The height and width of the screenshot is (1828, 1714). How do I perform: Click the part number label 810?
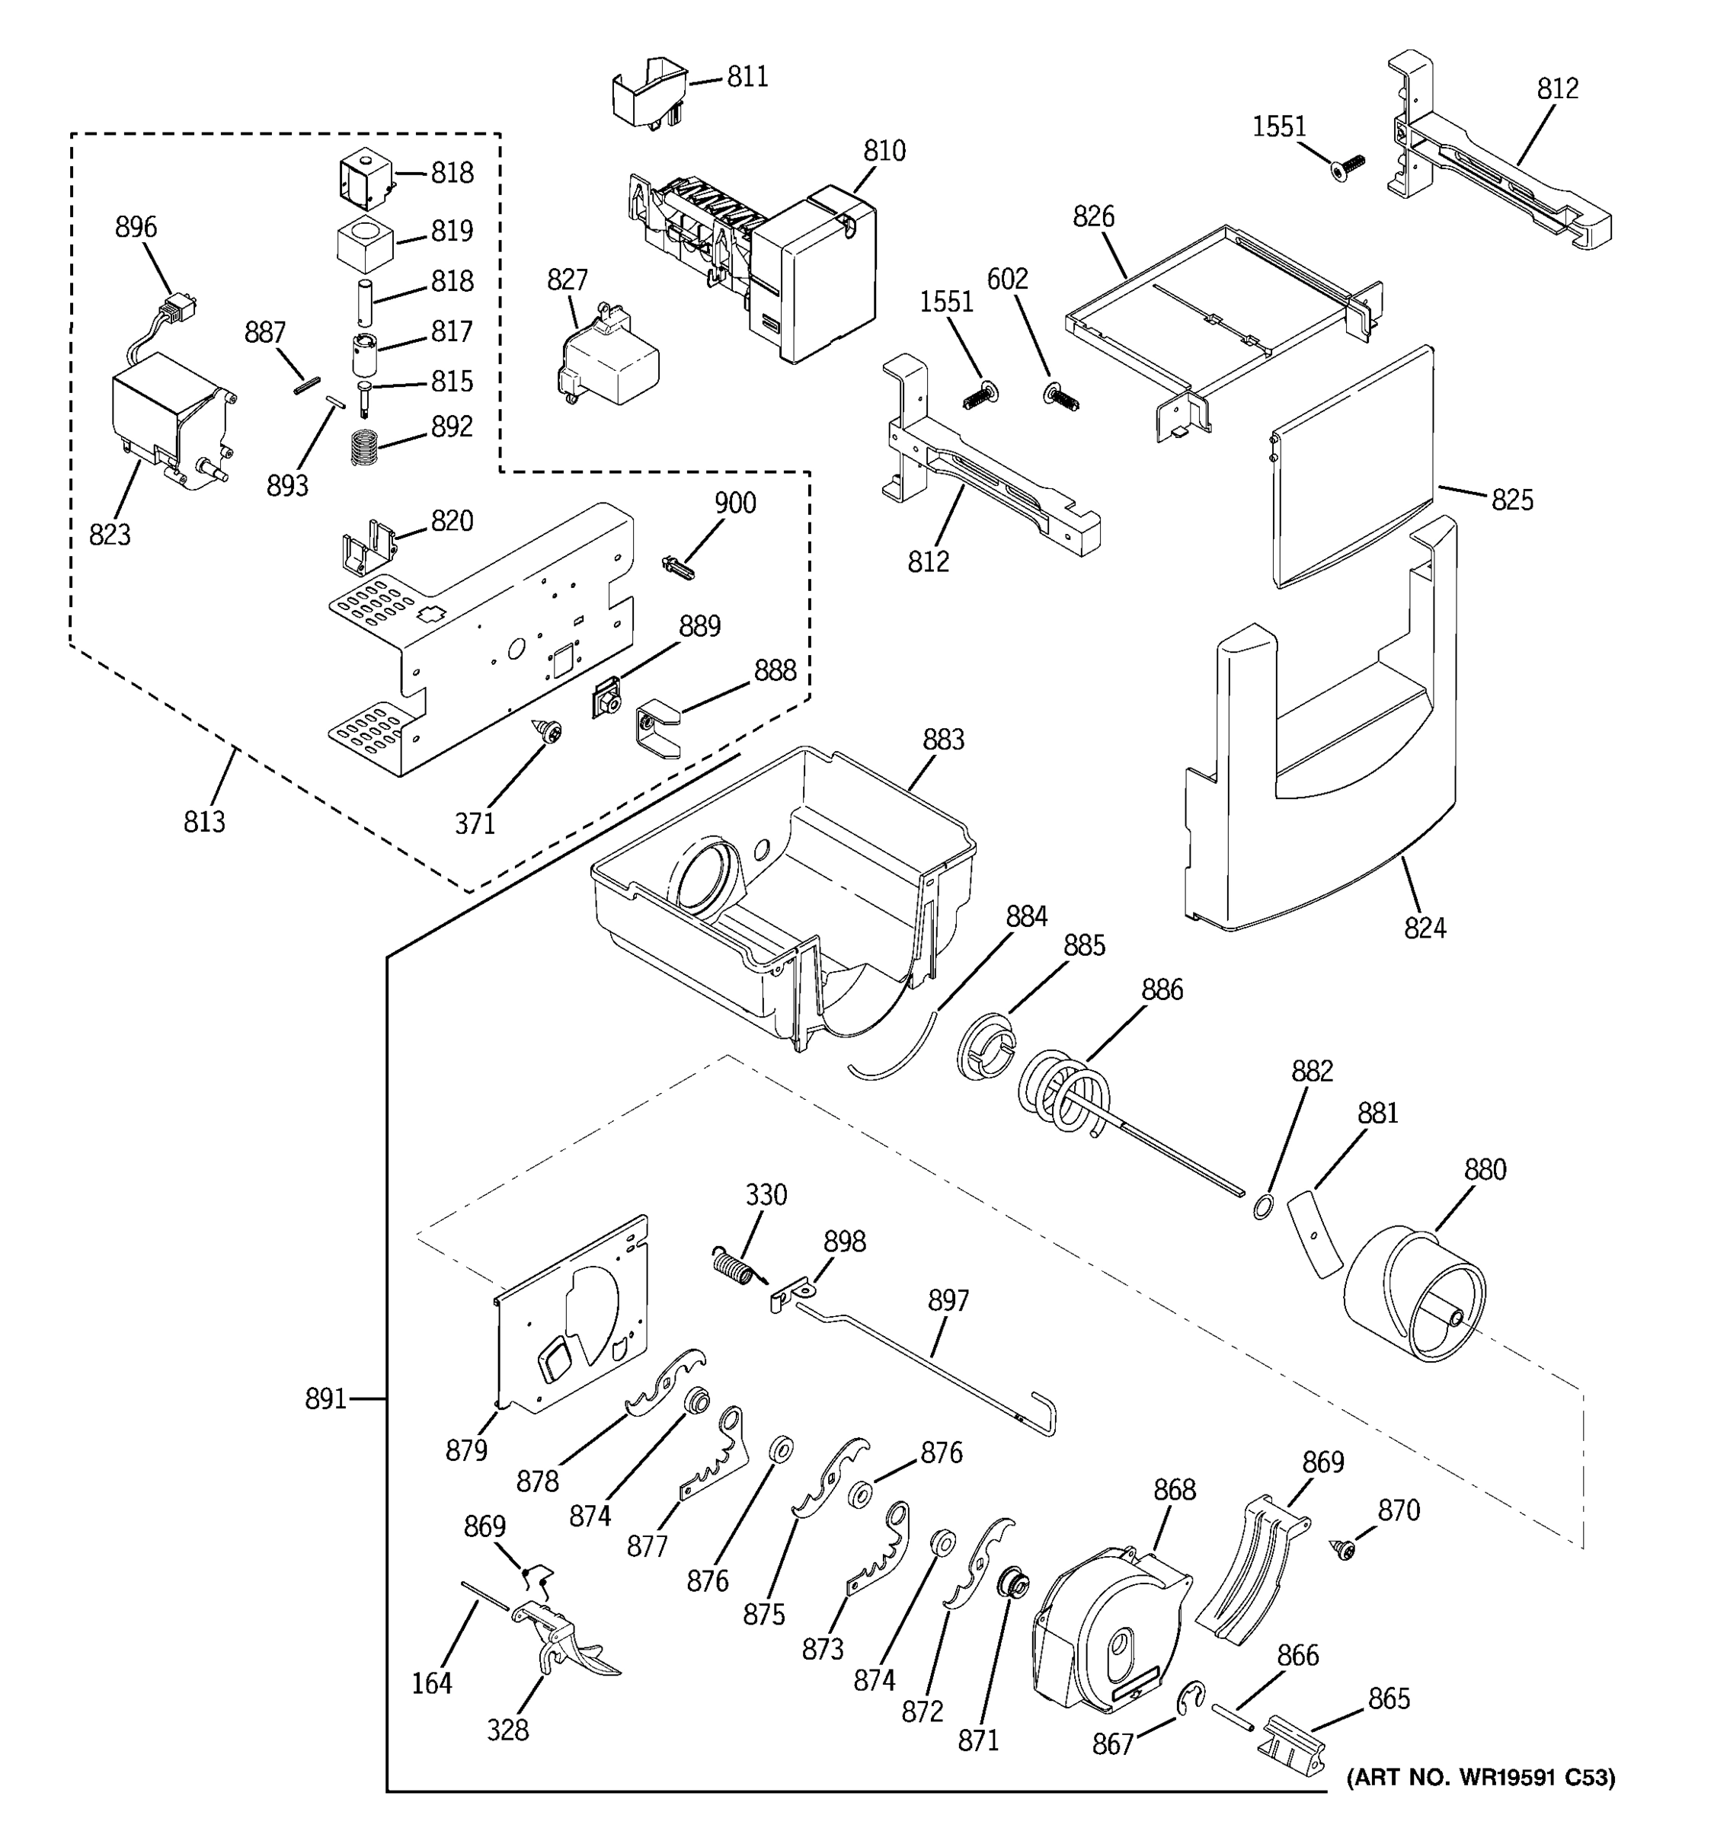[x=884, y=151]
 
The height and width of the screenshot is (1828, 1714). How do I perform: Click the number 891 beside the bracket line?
[x=325, y=1399]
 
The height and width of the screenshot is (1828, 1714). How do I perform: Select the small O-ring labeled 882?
[x=1262, y=1206]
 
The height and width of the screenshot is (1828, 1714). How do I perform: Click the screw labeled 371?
[x=551, y=733]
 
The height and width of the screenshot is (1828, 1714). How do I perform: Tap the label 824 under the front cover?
[x=1425, y=928]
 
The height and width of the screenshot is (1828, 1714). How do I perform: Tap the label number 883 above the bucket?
[x=943, y=740]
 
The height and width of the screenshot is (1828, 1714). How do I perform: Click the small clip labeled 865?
[x=1293, y=1743]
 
